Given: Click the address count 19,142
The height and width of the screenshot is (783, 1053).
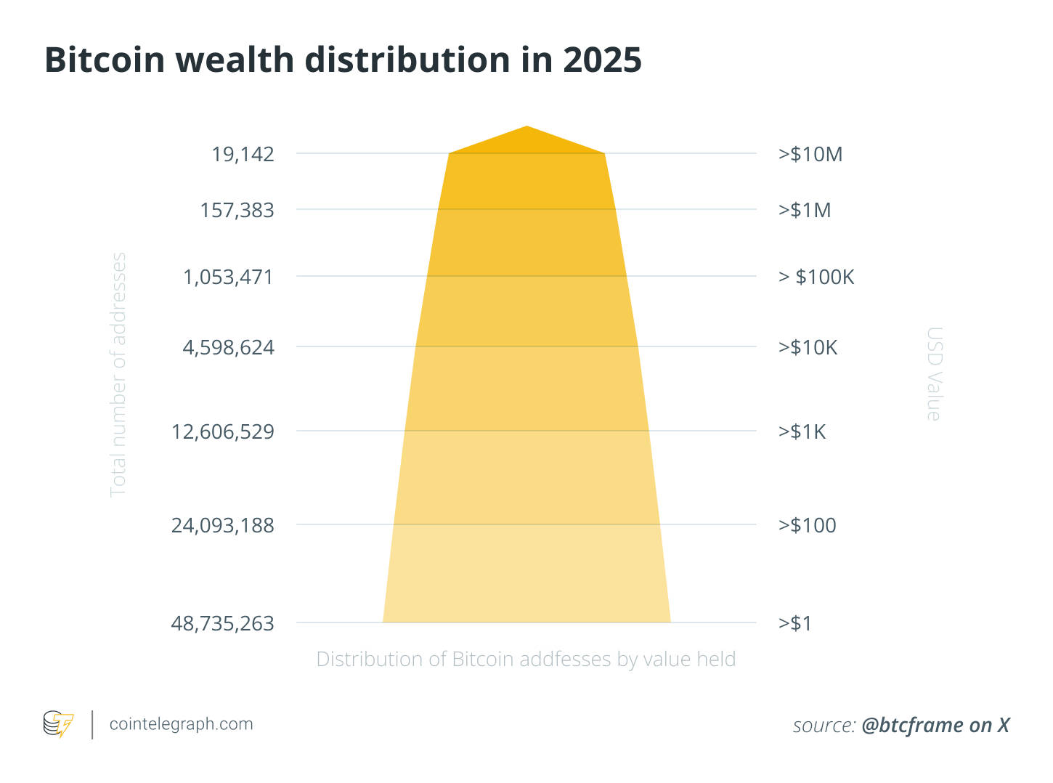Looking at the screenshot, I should (243, 154).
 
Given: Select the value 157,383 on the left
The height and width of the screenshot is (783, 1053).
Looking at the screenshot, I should (237, 211).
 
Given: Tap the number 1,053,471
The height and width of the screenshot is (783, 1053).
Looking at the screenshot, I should (228, 277).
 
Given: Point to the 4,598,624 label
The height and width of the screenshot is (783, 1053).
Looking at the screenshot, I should (228, 347).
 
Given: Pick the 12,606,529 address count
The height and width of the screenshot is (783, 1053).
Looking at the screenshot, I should (222, 431).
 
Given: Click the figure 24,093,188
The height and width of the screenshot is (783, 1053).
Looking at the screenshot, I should (222, 525).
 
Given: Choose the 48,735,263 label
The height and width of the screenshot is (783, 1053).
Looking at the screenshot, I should (222, 623).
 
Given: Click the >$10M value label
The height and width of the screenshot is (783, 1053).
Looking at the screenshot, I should (810, 154).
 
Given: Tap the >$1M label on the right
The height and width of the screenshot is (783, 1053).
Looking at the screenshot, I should (805, 211).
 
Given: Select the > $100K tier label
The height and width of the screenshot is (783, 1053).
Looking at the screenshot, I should (816, 277).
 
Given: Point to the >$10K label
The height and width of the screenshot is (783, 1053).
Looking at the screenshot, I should (808, 347).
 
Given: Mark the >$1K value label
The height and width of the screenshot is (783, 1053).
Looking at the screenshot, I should (802, 431).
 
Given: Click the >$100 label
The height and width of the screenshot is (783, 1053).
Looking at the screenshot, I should (807, 525).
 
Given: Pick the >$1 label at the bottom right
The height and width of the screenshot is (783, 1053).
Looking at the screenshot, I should (795, 623).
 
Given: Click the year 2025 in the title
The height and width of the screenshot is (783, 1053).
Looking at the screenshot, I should (602, 60).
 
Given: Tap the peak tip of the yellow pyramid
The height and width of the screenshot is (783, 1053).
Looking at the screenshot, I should (526, 128).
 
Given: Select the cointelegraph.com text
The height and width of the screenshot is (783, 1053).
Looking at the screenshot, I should (181, 724).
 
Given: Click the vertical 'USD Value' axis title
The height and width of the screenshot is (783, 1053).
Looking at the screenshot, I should (934, 373).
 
